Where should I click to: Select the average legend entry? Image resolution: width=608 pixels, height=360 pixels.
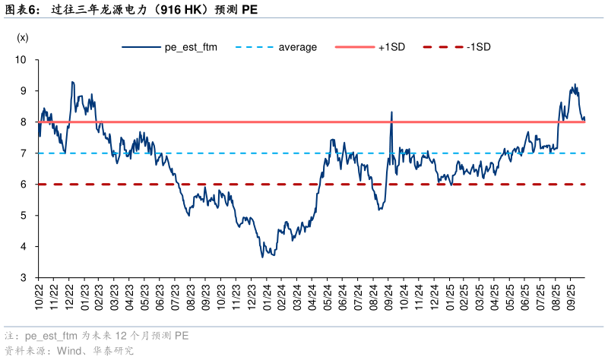click(297, 47)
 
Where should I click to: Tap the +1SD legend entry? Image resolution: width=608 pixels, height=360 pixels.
click(391, 47)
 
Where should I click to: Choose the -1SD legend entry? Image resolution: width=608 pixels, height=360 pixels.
click(479, 47)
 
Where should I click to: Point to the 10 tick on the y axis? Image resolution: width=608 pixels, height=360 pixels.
click(21, 59)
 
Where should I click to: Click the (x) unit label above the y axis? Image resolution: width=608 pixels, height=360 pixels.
click(22, 37)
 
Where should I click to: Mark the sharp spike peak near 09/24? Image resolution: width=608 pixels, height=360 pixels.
click(391, 112)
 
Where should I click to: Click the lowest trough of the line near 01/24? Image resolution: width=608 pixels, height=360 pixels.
click(263, 257)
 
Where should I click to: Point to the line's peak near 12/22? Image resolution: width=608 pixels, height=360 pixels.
click(72, 82)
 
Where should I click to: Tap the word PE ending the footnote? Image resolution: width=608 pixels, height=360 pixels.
click(182, 335)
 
